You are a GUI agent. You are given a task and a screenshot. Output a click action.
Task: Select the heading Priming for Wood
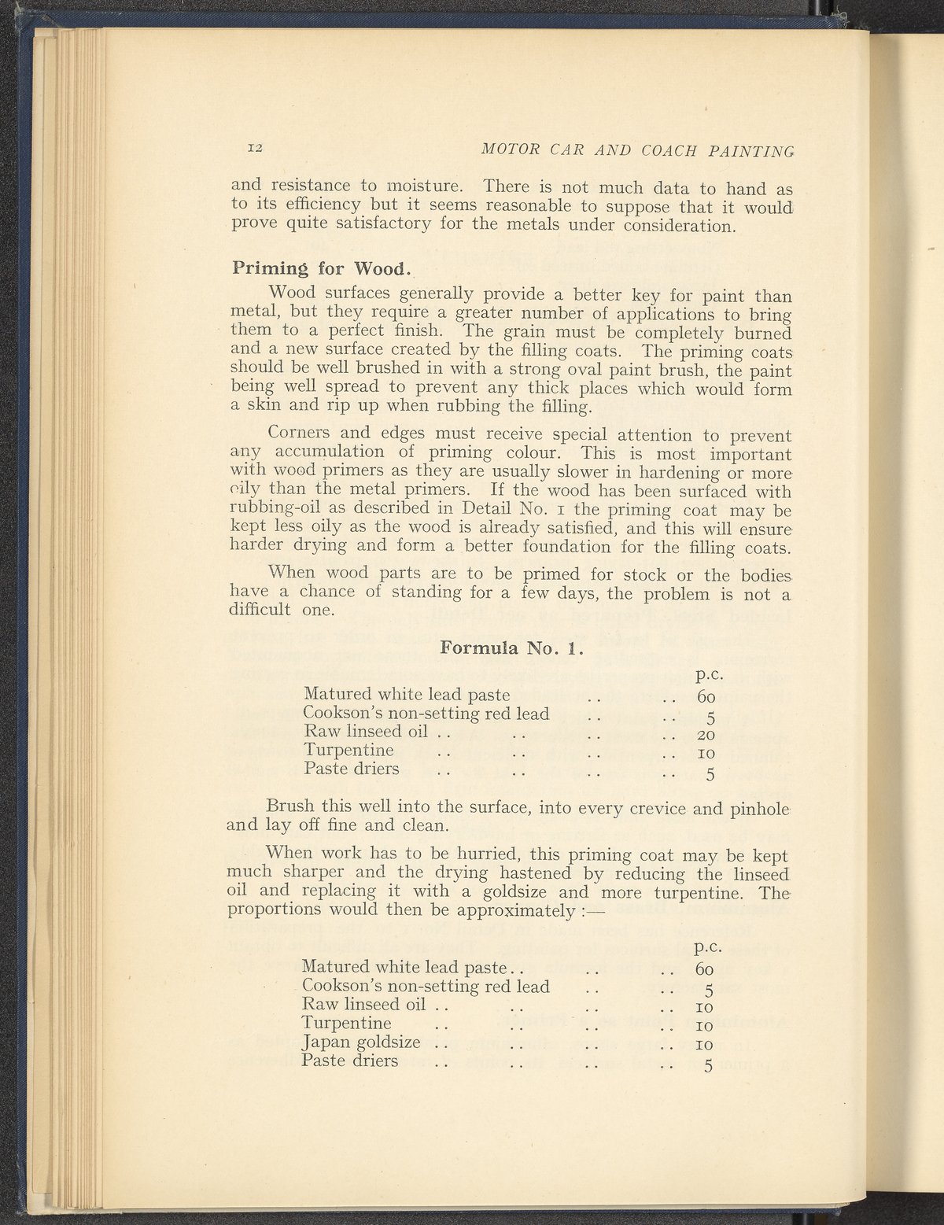[322, 268]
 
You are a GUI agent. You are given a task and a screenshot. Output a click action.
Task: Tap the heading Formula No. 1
[511, 650]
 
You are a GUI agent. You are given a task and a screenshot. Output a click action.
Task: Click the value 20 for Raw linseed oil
[705, 736]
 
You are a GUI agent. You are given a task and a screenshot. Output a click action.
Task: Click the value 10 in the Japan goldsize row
[705, 1045]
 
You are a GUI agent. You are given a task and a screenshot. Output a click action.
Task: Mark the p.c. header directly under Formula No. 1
[710, 674]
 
